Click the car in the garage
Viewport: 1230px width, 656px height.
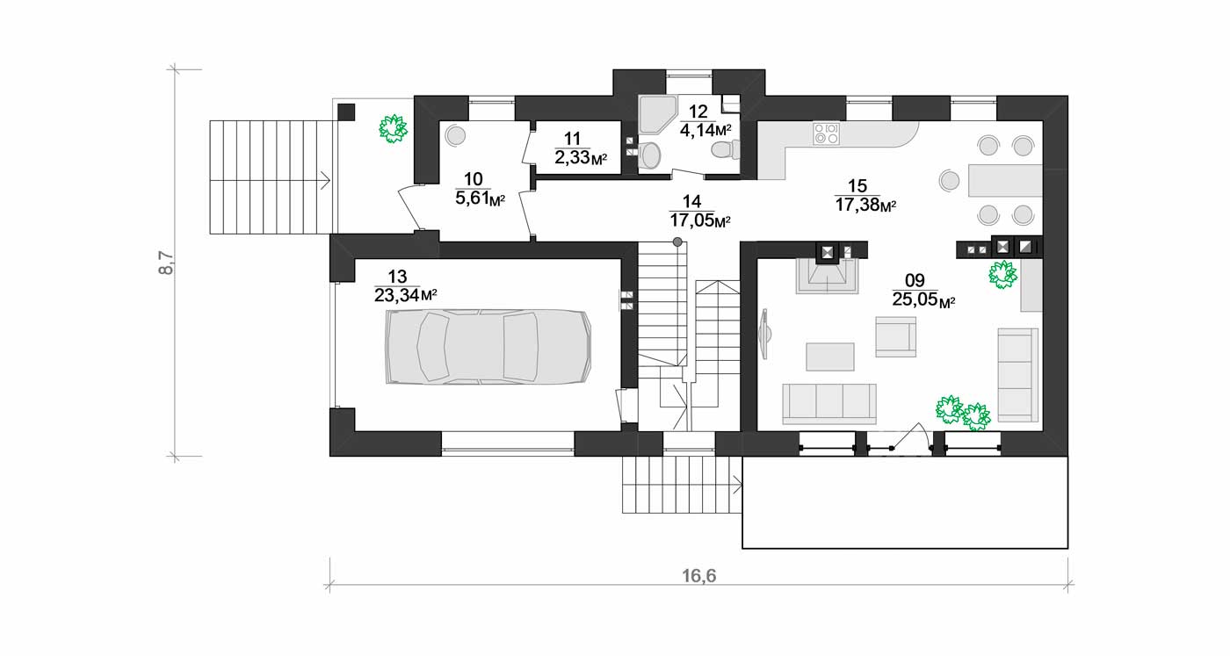[x=488, y=347]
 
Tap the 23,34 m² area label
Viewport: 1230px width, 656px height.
[x=406, y=295]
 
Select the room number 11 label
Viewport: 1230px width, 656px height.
[x=572, y=139]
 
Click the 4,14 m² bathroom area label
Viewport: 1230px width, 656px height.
[x=705, y=130]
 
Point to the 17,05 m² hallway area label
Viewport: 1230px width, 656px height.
[x=700, y=220]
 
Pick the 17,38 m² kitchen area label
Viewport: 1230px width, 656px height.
[x=866, y=205]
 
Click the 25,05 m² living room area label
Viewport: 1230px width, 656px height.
[x=923, y=299]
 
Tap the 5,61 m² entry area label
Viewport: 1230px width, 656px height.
[x=481, y=198]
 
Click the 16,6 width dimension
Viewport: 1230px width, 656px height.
[x=699, y=576]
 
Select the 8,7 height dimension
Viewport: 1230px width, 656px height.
[x=166, y=263]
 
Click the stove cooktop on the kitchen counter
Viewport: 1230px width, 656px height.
[x=827, y=133]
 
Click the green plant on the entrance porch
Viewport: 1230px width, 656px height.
[x=394, y=128]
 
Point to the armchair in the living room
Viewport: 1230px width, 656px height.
[x=895, y=336]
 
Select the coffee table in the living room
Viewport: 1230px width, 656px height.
[x=829, y=357]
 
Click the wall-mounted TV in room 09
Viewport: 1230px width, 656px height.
[x=763, y=334]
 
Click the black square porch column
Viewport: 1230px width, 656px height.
[x=346, y=112]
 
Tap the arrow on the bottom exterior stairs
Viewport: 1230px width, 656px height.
[x=737, y=486]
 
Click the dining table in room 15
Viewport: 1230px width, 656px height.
[x=1005, y=180]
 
